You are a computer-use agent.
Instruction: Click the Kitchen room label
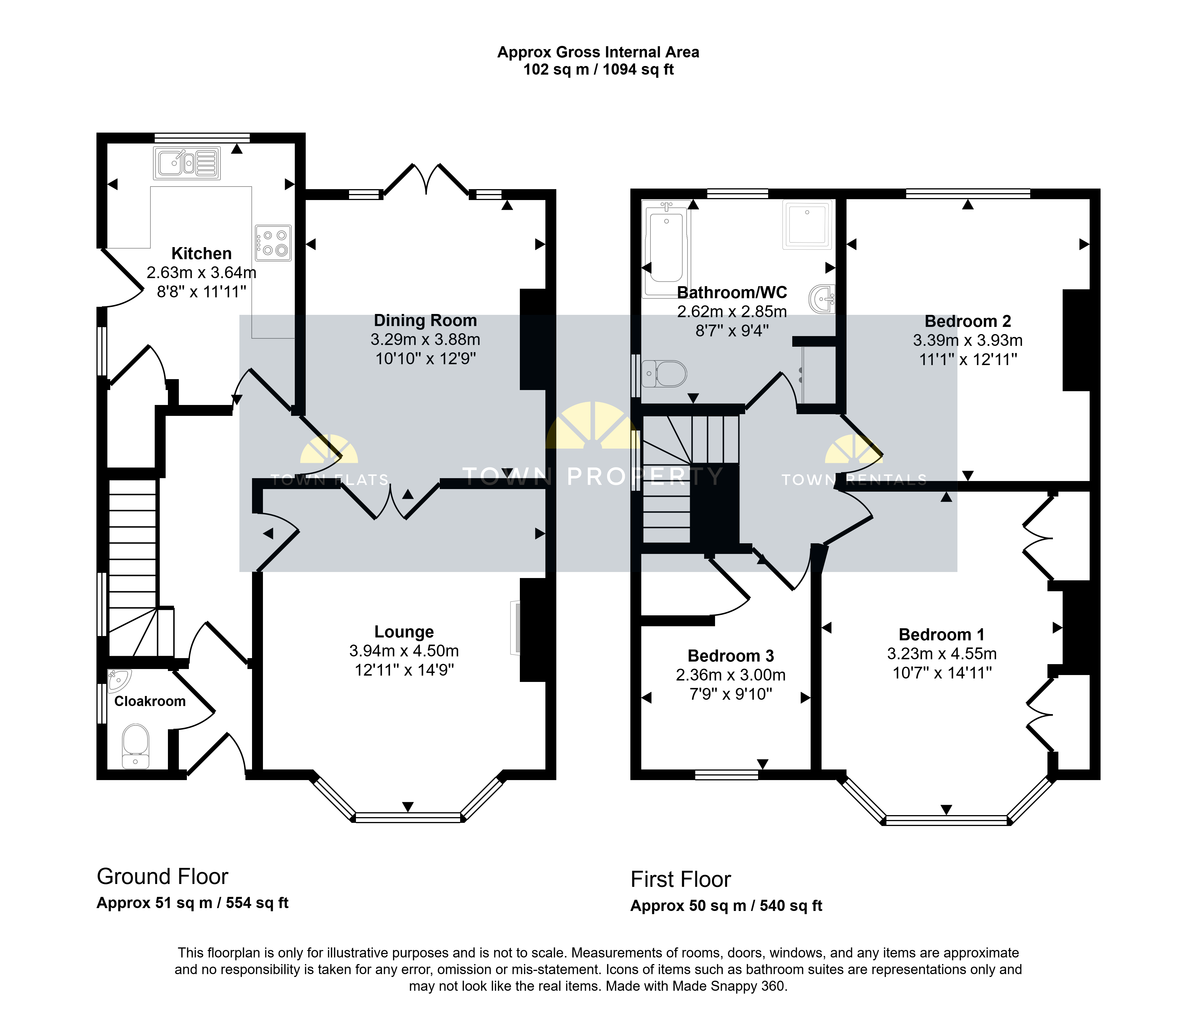(x=202, y=253)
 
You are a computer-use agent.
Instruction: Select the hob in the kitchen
(x=273, y=243)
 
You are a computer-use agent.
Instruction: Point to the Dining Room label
(x=425, y=320)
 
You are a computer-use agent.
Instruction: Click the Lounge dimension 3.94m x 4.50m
(x=404, y=651)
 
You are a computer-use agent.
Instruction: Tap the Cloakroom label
(x=150, y=701)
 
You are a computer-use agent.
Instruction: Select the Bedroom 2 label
(x=968, y=321)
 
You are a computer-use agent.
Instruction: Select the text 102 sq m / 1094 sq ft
(x=598, y=70)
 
